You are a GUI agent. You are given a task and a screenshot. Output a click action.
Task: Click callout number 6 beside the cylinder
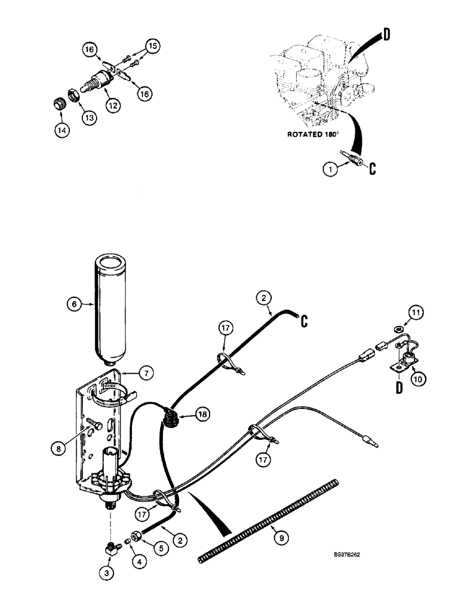[x=73, y=303]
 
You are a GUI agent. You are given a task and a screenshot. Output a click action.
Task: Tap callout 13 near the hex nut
[x=88, y=118]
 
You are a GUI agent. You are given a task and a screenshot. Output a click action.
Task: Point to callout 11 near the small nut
[x=416, y=311]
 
